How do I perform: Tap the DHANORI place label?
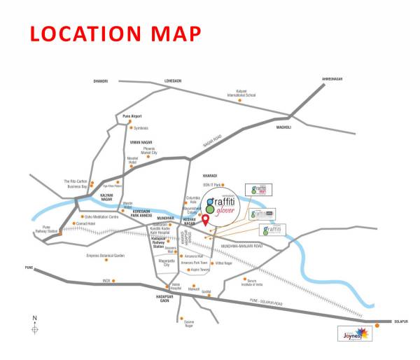click(x=101, y=81)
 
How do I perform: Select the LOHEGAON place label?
click(x=172, y=81)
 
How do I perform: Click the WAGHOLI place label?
click(x=283, y=127)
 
